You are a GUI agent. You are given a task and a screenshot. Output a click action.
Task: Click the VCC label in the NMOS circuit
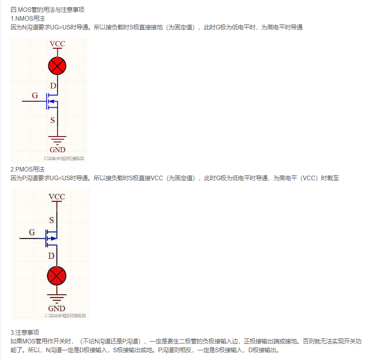pos(57,44)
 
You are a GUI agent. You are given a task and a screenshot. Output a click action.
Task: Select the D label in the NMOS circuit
pos(53,86)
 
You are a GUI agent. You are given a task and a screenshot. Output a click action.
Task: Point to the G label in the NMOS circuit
pos(35,96)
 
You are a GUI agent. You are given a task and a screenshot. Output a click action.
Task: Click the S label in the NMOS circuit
pos(53,120)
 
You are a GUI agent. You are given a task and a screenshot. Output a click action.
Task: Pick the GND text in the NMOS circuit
pos(57,149)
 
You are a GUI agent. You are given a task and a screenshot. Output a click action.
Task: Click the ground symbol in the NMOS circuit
pos(57,140)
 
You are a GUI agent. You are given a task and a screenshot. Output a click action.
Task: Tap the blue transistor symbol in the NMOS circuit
pos(51,102)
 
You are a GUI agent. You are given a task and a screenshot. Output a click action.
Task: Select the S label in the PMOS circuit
pos(51,219)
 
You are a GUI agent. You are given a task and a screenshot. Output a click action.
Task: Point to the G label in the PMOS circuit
pos(32,233)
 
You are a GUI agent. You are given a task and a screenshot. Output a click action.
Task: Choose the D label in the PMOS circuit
pos(51,256)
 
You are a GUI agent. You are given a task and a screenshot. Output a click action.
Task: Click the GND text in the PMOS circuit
pos(57,309)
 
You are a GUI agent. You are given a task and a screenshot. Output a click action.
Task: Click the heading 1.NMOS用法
pos(28,18)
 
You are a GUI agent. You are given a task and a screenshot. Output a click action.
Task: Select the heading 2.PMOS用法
pos(28,169)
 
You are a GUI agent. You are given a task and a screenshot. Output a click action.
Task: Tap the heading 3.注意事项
pos(25,332)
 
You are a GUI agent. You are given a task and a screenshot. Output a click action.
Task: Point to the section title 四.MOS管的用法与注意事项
pos(47,10)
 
